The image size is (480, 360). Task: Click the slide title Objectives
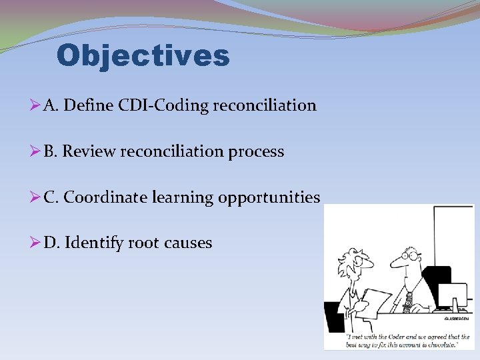[x=143, y=56]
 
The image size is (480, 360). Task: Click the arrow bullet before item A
[x=36, y=105]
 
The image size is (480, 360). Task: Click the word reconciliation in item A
[x=265, y=105]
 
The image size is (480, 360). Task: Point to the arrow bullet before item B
[x=36, y=152]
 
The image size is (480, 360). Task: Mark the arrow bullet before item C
[x=36, y=198]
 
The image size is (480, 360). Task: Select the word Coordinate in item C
[x=105, y=198]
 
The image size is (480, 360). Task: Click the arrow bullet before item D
[x=36, y=243]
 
